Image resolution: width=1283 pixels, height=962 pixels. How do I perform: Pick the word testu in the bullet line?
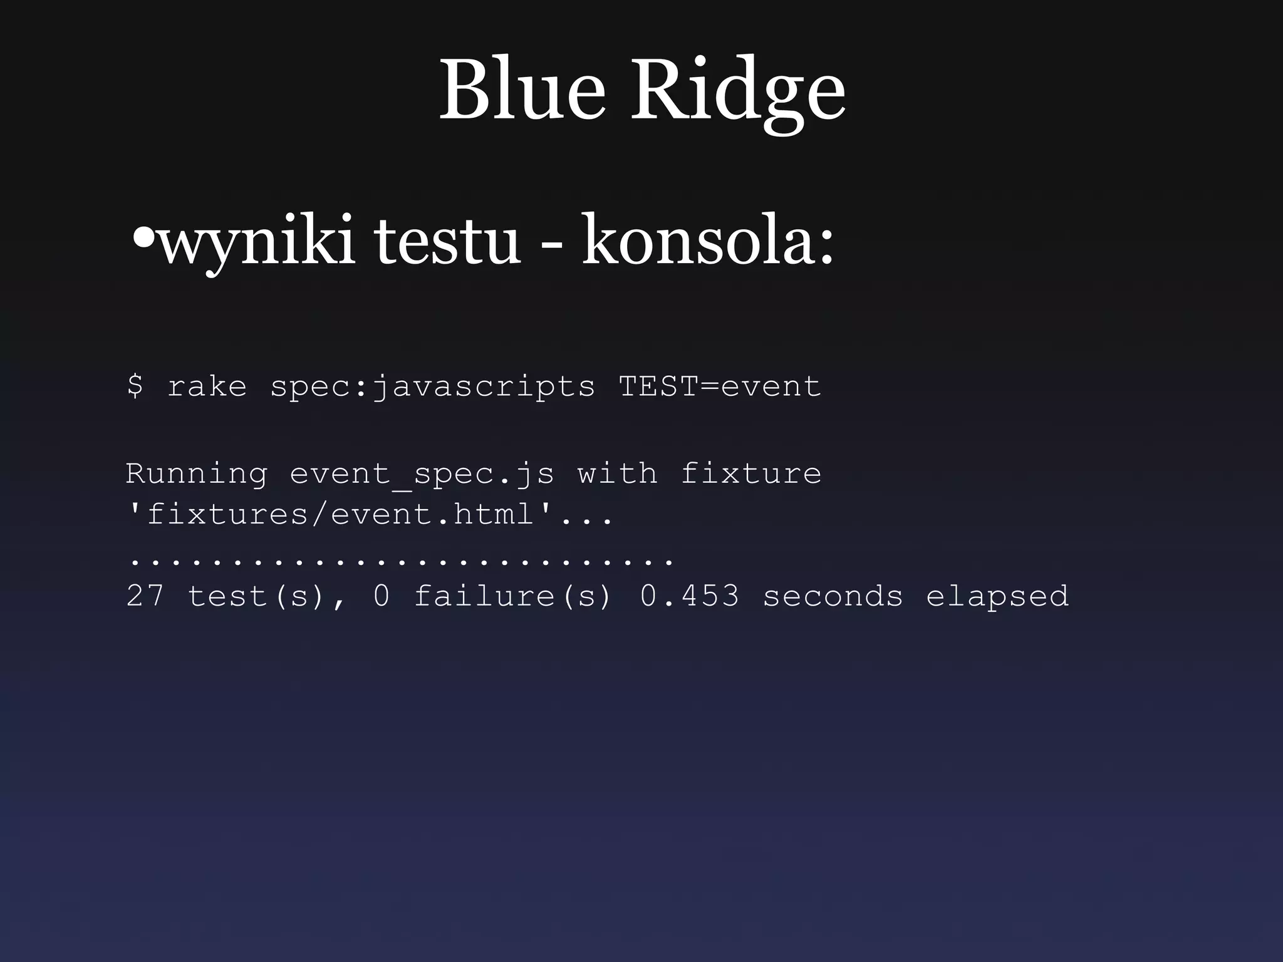coord(447,240)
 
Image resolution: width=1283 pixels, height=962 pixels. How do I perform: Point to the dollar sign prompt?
coord(135,385)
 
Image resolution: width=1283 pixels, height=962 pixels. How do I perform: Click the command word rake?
coord(207,386)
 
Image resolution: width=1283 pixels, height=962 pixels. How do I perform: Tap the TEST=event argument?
coord(720,386)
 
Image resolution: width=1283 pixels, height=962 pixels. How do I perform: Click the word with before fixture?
coord(617,473)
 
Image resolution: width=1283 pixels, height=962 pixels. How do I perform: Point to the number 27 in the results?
coord(145,595)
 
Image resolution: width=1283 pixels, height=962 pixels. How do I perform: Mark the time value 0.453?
coord(689,595)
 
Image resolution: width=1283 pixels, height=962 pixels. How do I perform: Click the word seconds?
coord(833,595)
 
